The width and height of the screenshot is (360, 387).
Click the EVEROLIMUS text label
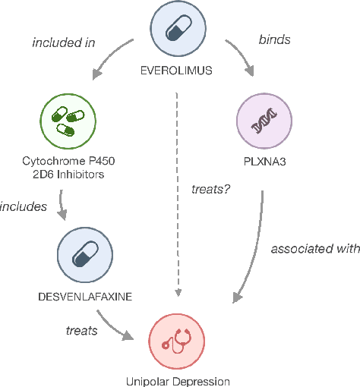coord(176,70)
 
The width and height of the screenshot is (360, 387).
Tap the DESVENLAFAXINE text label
coord(84,296)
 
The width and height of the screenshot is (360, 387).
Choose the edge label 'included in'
coord(62,42)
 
